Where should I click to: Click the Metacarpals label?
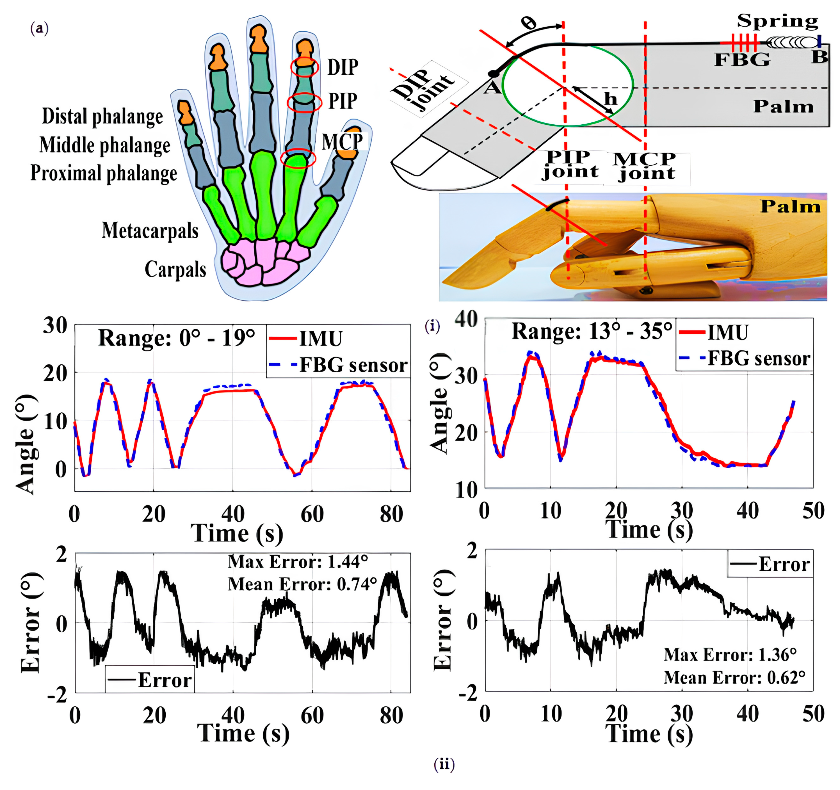(x=150, y=231)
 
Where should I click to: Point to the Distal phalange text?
(x=102, y=116)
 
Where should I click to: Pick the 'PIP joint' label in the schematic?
(x=570, y=165)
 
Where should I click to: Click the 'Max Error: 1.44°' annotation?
(x=298, y=561)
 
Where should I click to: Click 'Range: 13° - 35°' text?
(x=592, y=332)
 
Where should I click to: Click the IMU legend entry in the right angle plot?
(x=714, y=332)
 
